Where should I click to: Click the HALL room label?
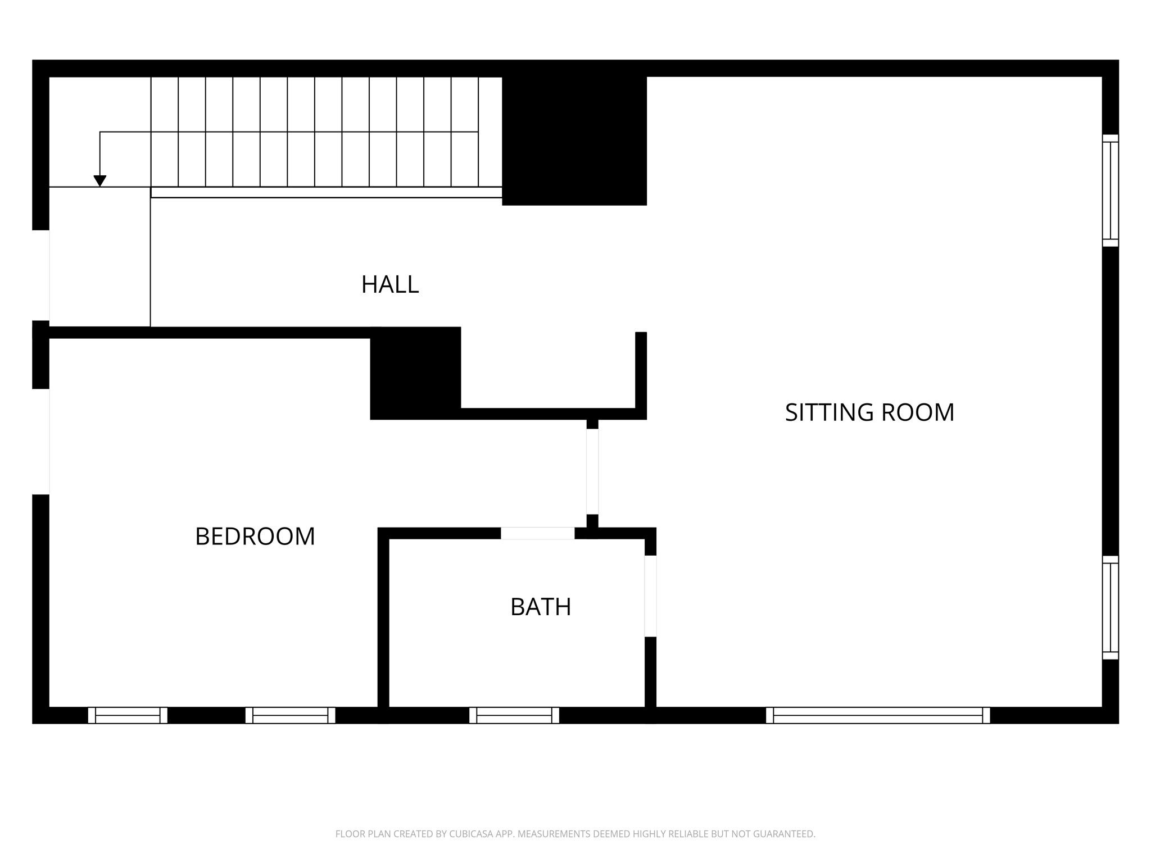[389, 285]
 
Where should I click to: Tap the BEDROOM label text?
[255, 537]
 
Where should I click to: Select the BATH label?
[541, 607]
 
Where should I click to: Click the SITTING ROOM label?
[869, 412]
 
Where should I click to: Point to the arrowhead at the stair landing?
[100, 181]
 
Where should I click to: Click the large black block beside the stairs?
[574, 140]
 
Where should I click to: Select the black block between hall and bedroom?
[415, 373]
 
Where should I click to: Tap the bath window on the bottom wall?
[514, 715]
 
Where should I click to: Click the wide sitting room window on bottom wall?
[877, 715]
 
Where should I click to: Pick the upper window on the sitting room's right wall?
[1110, 190]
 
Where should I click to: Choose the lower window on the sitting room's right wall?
[1110, 607]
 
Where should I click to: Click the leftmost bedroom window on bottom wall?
[128, 715]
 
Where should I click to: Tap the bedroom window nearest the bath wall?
[290, 715]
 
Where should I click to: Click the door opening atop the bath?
[537, 533]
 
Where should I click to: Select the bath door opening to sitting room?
[650, 596]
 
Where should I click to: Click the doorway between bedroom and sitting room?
[592, 471]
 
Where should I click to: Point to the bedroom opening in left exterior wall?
[41, 442]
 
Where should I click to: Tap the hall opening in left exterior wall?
[41, 275]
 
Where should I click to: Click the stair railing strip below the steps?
[326, 192]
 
